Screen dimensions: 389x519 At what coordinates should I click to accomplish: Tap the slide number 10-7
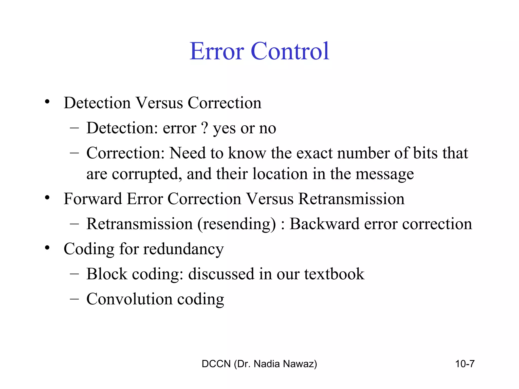pyautogui.click(x=465, y=364)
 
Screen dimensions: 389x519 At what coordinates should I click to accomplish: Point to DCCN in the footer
pyautogui.click(x=216, y=364)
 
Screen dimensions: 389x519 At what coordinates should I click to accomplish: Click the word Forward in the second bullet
pyautogui.click(x=93, y=199)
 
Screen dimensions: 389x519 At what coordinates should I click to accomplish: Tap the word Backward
pyautogui.click(x=325, y=224)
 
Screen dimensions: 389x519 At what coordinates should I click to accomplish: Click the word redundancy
pyautogui.click(x=183, y=249)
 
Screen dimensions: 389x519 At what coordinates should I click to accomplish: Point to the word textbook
pyautogui.click(x=334, y=274)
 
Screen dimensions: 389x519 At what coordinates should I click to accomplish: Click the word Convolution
pyautogui.click(x=129, y=299)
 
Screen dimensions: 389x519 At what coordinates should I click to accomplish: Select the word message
pyautogui.click(x=385, y=174)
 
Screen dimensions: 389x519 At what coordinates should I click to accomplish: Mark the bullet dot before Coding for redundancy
pyautogui.click(x=47, y=248)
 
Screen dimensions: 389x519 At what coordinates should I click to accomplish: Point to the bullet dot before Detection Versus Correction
pyautogui.click(x=47, y=102)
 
